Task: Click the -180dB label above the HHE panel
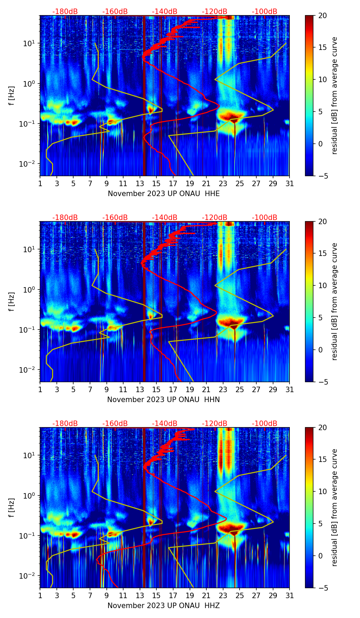(x=65, y=12)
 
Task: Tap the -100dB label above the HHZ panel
(x=265, y=424)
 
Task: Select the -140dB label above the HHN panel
(x=165, y=218)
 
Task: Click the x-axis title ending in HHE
(x=164, y=194)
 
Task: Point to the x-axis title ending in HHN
(x=164, y=400)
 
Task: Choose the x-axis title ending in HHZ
(x=164, y=606)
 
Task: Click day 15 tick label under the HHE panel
(x=156, y=184)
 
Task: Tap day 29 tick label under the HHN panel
(x=273, y=390)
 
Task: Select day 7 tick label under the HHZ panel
(x=90, y=596)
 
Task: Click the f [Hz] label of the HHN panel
(x=12, y=301)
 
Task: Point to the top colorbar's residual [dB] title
(x=334, y=95)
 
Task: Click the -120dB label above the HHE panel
(x=215, y=12)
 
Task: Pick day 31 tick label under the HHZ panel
(x=290, y=596)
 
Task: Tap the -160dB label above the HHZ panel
(x=115, y=424)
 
